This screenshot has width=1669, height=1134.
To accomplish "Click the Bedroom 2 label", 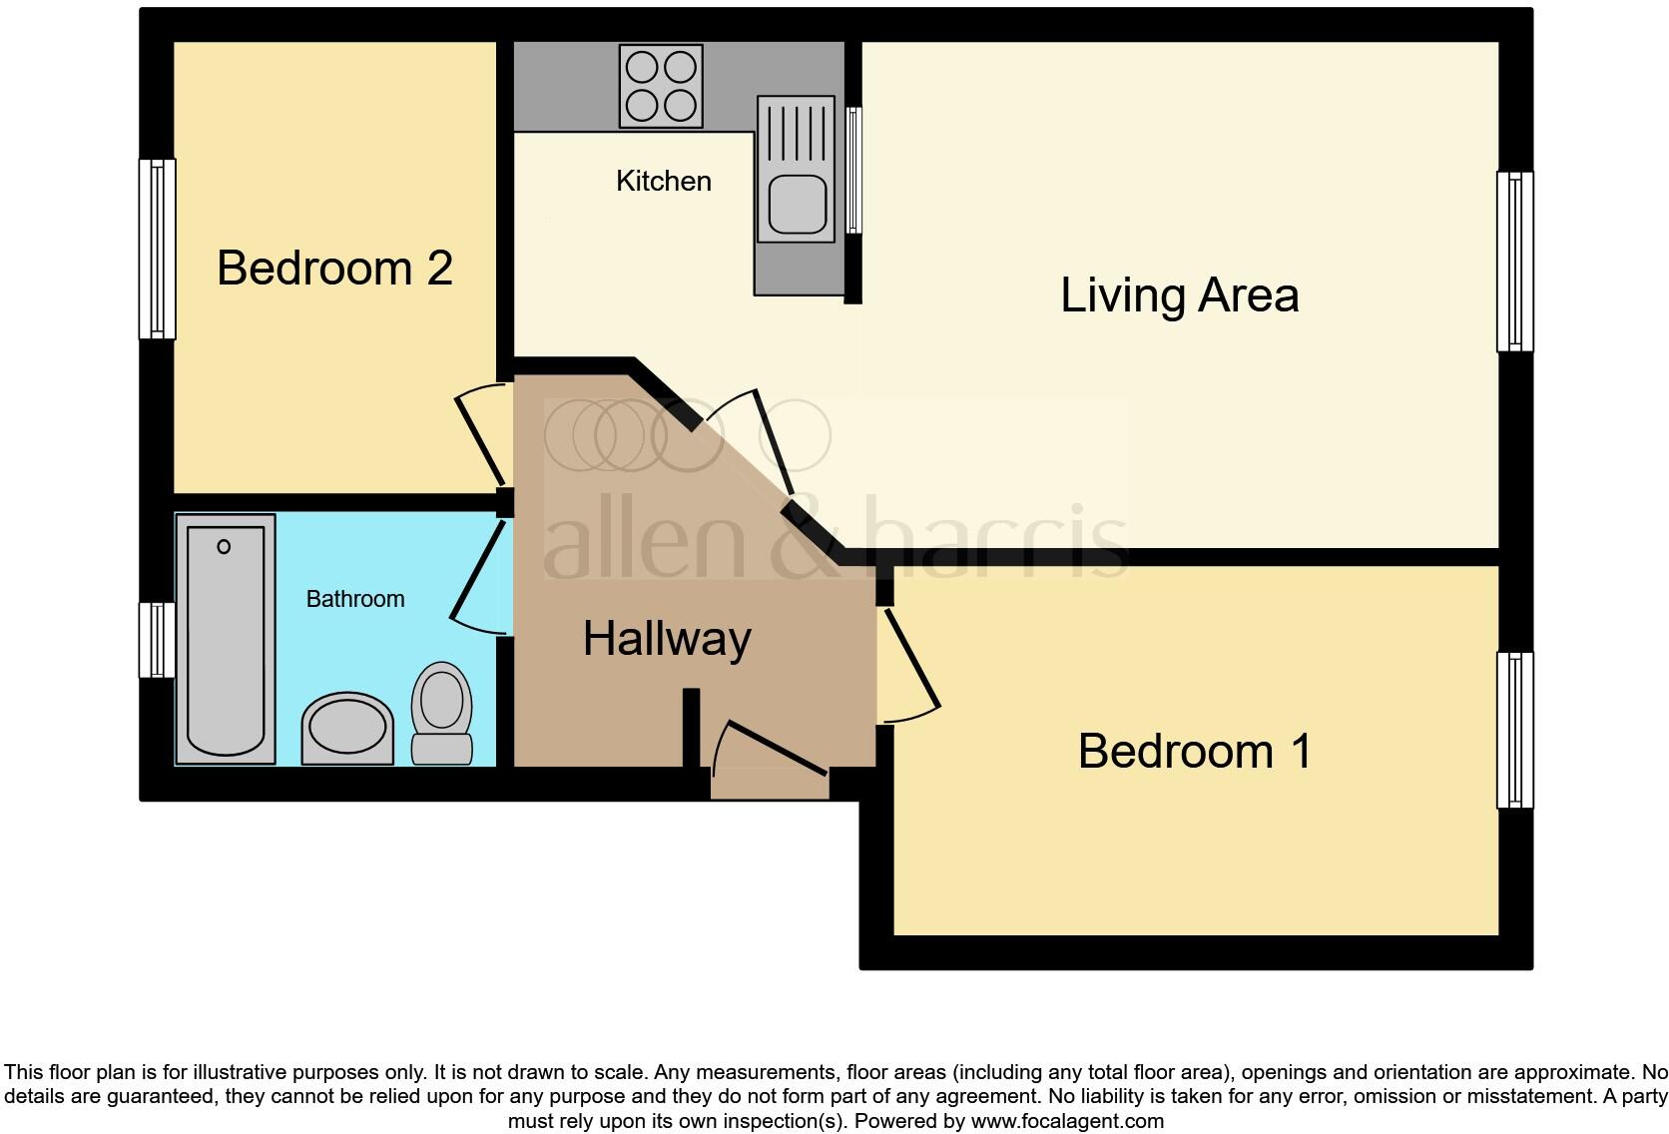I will coord(334,268).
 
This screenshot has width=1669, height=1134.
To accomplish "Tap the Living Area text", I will coord(1179,295).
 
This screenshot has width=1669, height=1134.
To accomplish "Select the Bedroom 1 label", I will coord(1194,752).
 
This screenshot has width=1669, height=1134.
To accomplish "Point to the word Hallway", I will coord(667,639).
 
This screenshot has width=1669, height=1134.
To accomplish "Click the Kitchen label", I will coord(664,181).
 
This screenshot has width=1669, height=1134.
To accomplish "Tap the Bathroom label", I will coord(354,599).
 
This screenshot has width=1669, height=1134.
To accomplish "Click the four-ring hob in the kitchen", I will coord(661,86).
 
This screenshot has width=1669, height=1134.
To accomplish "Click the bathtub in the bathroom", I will coord(226,639).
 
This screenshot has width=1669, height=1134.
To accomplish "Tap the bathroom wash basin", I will coord(347,728).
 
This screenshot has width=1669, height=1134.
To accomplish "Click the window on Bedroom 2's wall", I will coord(157,249).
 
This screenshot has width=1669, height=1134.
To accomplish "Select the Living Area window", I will coord(1514,262).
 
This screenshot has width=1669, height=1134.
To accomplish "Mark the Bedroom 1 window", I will coord(1514,730).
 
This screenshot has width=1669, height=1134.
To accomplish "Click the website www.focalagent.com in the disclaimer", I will coord(1067,1121).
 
